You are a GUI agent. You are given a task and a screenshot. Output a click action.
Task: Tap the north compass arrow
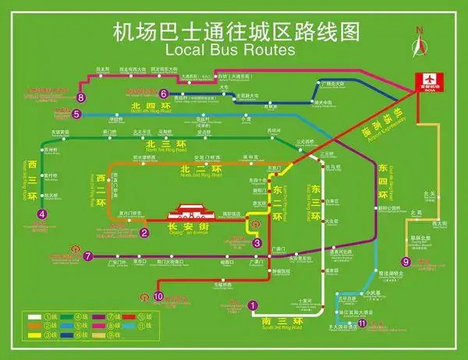[x=420, y=44]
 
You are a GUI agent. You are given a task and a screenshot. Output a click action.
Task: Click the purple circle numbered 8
[x=81, y=97]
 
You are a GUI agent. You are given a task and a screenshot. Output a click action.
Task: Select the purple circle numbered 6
[x=164, y=94]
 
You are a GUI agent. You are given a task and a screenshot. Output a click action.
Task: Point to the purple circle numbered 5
[x=76, y=115]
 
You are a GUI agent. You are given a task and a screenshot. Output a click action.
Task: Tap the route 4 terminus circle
[x=42, y=214]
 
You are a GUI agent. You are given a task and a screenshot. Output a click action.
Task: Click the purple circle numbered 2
[x=144, y=232]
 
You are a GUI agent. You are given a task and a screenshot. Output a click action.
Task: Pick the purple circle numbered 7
[x=87, y=256]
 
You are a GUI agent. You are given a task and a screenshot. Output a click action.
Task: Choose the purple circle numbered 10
[x=158, y=296]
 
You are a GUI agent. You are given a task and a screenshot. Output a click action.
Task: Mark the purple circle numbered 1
[x=252, y=305]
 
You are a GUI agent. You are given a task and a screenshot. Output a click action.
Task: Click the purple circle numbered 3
[x=257, y=242]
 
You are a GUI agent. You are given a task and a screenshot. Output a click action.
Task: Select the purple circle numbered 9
[x=406, y=262]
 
